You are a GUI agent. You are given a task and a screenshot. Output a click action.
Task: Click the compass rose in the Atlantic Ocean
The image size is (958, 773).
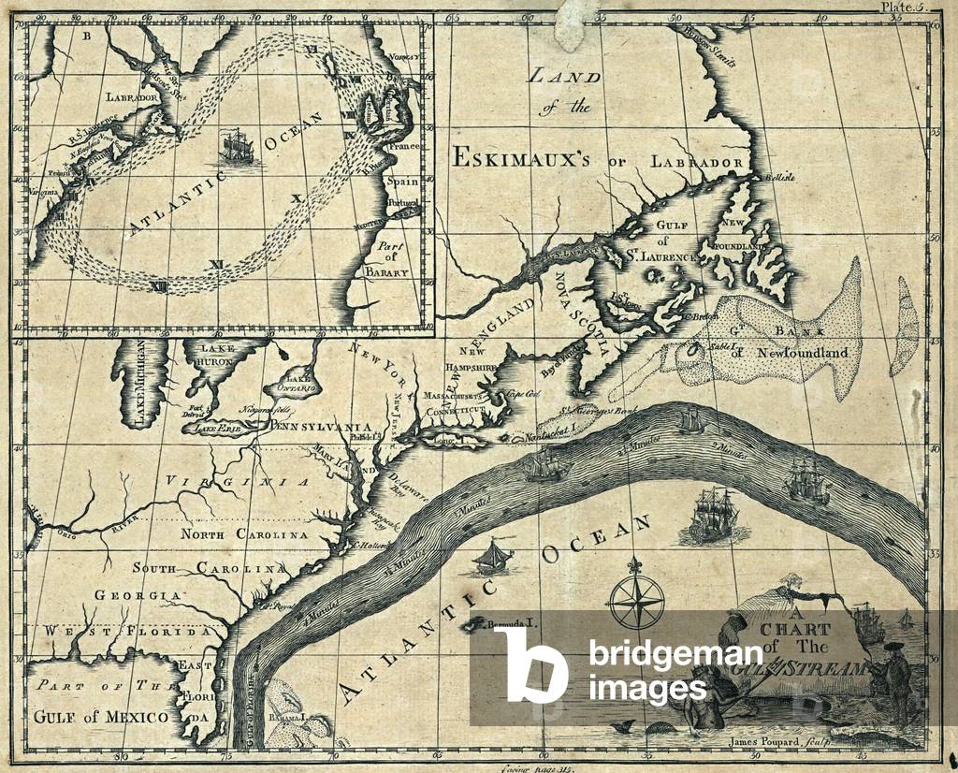tap(636, 600)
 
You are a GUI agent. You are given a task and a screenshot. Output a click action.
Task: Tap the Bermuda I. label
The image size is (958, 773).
tap(514, 623)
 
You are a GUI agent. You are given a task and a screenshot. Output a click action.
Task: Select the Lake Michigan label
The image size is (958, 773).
tap(140, 385)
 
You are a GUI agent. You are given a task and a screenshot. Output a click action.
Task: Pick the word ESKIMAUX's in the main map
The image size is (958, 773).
tap(520, 157)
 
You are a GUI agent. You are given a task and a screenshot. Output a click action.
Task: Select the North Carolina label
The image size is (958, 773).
tap(244, 534)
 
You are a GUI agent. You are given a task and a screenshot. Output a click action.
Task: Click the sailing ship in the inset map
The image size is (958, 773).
tap(236, 149)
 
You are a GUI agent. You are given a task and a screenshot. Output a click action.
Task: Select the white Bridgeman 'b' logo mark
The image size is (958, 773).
tap(530, 664)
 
